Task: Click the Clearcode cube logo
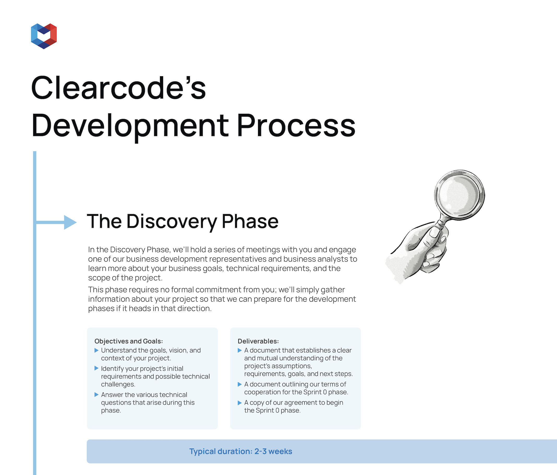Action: pyautogui.click(x=44, y=36)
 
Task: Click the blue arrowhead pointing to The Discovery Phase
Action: pyautogui.click(x=70, y=222)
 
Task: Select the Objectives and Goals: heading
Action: pyautogui.click(x=129, y=341)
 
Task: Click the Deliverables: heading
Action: pyautogui.click(x=258, y=341)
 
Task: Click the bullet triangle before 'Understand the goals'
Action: pyautogui.click(x=96, y=350)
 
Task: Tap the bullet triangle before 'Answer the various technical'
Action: pyautogui.click(x=96, y=395)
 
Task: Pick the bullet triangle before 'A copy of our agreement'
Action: pyautogui.click(x=240, y=403)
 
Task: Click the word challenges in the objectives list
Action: pyautogui.click(x=118, y=385)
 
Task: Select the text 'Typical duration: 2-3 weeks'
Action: pyautogui.click(x=241, y=451)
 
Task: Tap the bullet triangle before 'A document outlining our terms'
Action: pyautogui.click(x=240, y=385)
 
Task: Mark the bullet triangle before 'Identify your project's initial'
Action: pyautogui.click(x=96, y=368)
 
